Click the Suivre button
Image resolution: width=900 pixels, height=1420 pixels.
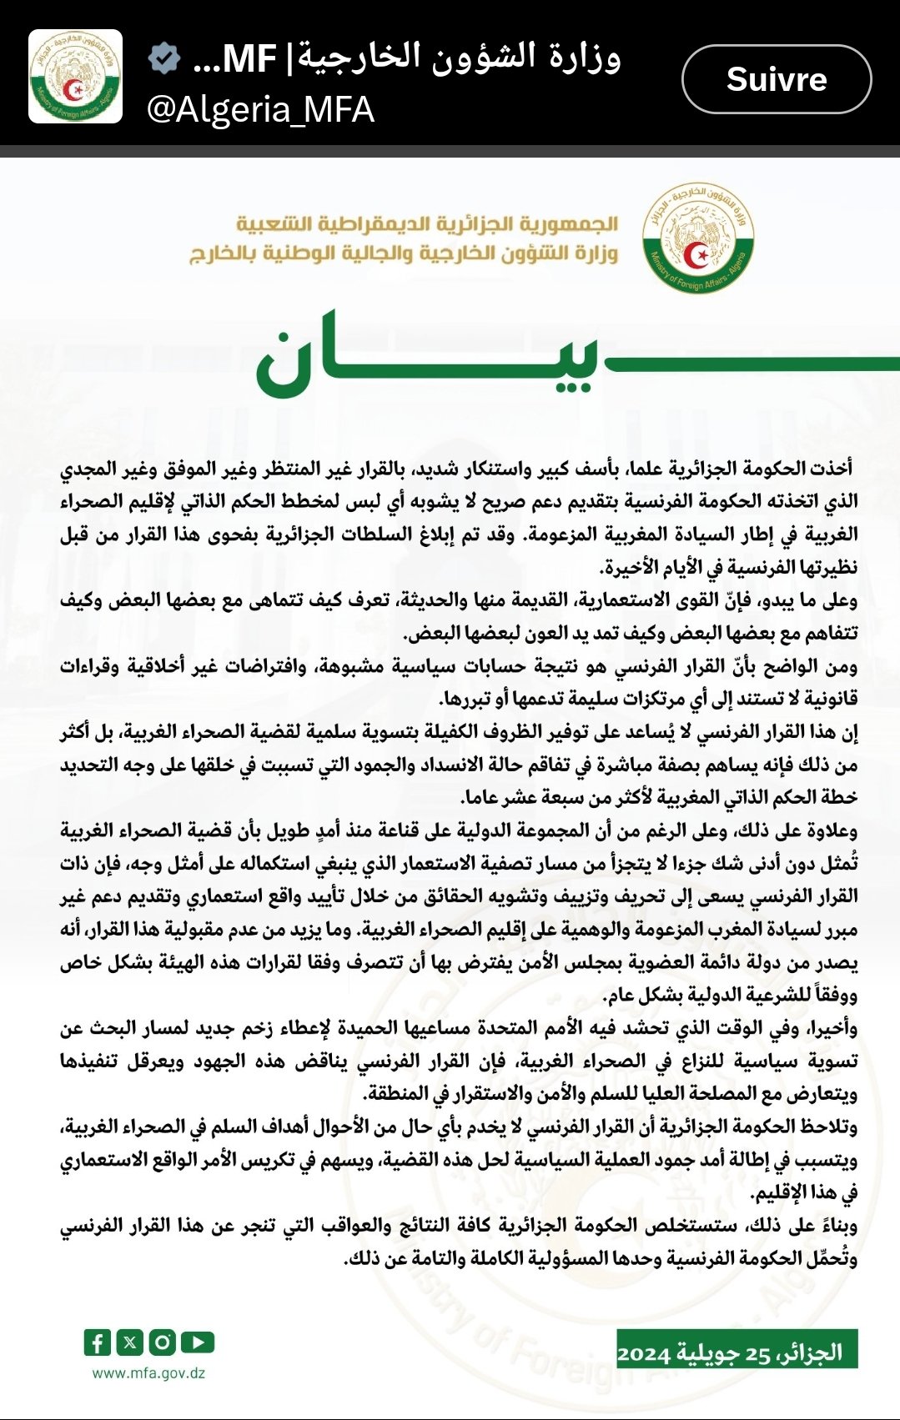click(x=777, y=79)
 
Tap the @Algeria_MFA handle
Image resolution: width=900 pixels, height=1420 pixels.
click(x=260, y=110)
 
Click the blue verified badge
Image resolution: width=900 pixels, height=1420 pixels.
click(x=165, y=58)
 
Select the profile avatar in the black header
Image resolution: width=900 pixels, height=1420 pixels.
click(x=76, y=77)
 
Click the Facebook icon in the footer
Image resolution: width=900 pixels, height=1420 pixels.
click(x=98, y=1342)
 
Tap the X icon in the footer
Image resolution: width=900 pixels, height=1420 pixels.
click(x=130, y=1342)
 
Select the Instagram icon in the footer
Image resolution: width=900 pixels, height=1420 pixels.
click(x=163, y=1342)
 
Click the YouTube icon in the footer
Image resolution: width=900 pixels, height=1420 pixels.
click(x=197, y=1342)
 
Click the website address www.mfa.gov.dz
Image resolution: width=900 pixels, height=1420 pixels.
click(x=148, y=1373)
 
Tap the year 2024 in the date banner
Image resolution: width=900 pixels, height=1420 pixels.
click(x=644, y=1353)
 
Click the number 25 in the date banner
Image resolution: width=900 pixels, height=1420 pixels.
click(x=757, y=1353)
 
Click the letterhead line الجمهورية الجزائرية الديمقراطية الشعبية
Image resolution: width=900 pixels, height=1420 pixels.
click(x=427, y=224)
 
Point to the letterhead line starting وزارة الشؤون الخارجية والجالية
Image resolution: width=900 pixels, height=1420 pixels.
click(x=404, y=253)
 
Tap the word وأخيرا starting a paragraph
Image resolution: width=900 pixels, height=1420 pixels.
click(x=829, y=1029)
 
